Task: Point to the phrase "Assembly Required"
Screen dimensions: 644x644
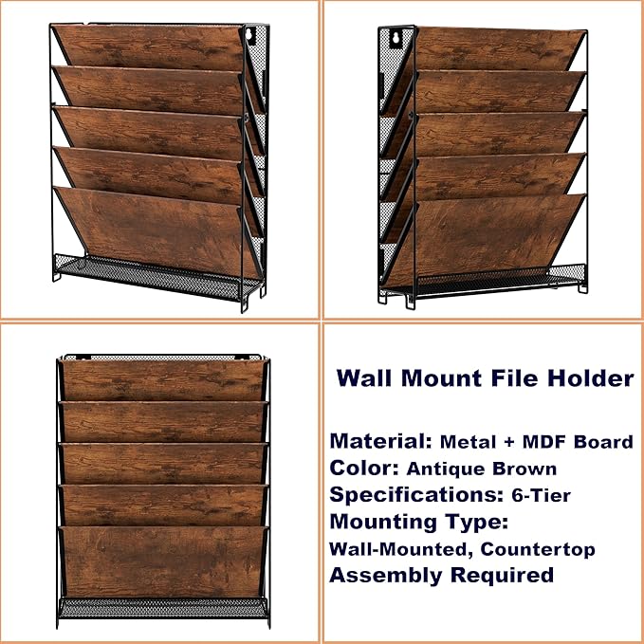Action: click(441, 575)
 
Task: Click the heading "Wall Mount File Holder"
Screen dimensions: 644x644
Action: click(485, 378)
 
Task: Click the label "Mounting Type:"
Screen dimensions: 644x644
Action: click(418, 521)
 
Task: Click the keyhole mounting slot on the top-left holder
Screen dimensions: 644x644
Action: click(250, 37)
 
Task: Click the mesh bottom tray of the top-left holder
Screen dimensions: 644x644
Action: click(156, 273)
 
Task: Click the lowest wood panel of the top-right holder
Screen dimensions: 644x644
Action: click(493, 232)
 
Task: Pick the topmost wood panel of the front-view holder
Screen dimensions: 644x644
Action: click(162, 379)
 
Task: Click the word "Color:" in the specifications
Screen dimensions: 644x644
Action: click(364, 468)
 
